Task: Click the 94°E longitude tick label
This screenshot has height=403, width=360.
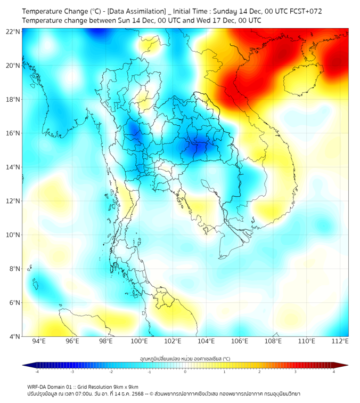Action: (39, 341)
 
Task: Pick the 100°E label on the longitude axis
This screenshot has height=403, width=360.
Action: (140, 341)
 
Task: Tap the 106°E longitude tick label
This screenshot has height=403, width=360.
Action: (240, 341)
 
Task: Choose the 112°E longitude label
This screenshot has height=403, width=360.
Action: (340, 341)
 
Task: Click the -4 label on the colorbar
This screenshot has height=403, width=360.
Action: (37, 372)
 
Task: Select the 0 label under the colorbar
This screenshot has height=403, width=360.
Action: (185, 372)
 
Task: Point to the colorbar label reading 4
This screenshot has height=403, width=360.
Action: (334, 372)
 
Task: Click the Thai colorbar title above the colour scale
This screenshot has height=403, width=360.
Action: (185, 358)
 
